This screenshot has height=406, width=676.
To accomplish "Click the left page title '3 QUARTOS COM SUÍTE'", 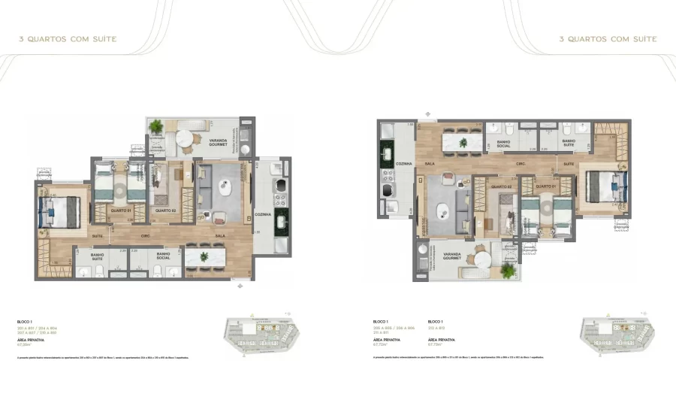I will (x=68, y=38).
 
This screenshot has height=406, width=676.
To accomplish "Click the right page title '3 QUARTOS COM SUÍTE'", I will (x=608, y=38).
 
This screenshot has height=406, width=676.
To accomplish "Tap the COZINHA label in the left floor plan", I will (x=262, y=214).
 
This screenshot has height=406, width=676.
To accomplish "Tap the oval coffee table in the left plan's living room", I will (x=224, y=187).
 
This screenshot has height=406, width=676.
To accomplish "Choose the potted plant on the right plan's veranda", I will (x=509, y=269).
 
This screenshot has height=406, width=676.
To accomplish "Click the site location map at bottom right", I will (x=616, y=332).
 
